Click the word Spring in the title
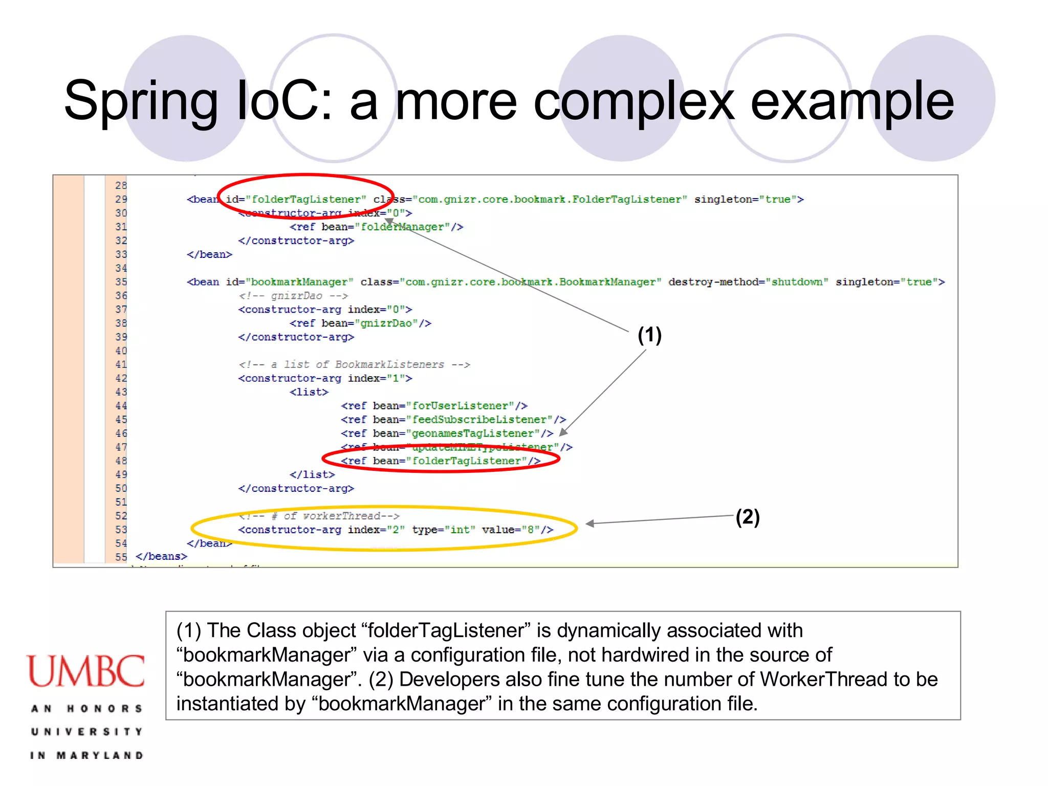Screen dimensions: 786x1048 click(141, 101)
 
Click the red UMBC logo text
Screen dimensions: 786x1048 click(86, 671)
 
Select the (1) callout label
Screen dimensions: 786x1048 click(649, 335)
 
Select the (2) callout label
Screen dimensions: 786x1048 click(748, 517)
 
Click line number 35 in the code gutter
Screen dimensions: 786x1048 click(121, 282)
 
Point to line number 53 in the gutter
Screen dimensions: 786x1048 click(121, 530)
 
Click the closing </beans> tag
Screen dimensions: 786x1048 click(161, 556)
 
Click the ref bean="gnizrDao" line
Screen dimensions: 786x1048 click(360, 323)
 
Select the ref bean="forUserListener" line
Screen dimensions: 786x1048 click(434, 406)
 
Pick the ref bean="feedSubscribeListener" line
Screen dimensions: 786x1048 click(453, 420)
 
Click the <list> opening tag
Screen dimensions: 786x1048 click(309, 392)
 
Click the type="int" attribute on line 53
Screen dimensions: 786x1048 click(444, 530)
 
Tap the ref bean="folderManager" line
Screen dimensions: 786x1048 click(376, 227)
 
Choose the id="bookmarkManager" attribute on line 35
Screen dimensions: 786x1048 click(290, 282)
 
